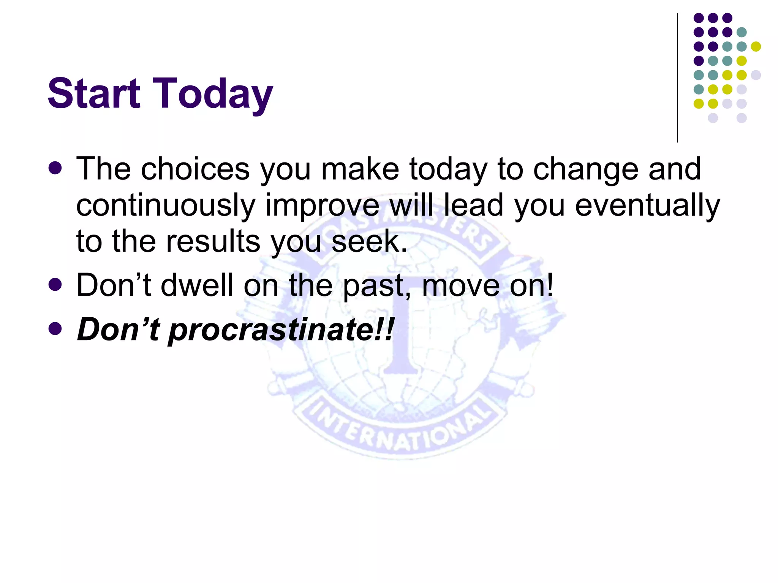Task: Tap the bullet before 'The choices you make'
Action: point(55,168)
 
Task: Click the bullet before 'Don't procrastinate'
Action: point(55,329)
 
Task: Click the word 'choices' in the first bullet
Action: point(195,169)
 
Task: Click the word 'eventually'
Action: point(647,205)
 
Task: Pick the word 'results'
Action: point(213,241)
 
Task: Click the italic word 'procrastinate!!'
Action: point(281,329)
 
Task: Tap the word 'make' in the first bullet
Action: point(360,169)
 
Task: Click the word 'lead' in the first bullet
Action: point(473,205)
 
